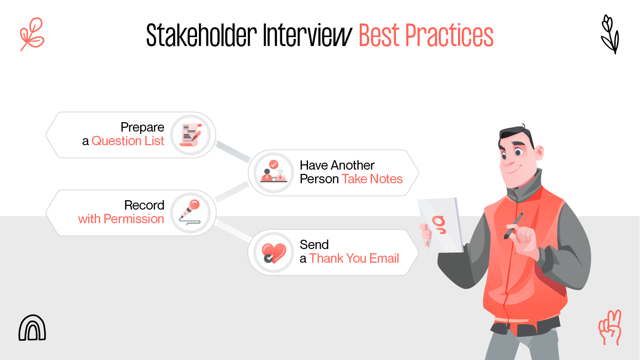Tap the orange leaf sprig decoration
32,34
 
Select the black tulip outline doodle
610,34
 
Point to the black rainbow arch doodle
32,328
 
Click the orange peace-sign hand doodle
610,327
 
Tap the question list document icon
191,134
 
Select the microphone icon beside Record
191,212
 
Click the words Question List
128,141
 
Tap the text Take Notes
372,179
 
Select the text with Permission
121,219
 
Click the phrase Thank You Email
354,258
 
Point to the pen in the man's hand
514,226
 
